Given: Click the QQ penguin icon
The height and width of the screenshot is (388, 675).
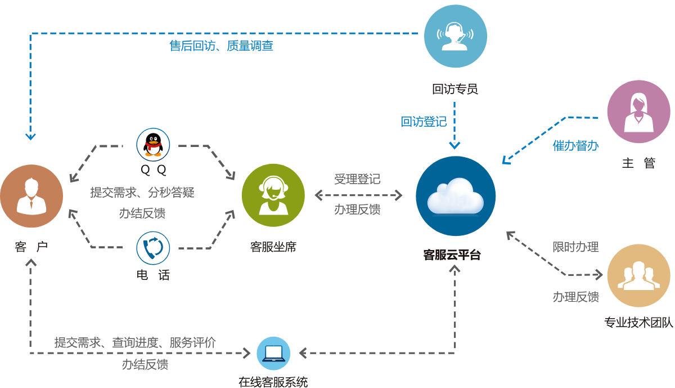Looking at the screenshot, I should [153, 145].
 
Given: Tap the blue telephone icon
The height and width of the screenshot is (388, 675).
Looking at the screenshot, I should [153, 249].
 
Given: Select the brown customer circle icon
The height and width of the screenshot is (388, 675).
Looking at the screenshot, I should [31, 196].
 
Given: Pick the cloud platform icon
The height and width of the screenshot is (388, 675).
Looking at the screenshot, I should [456, 196].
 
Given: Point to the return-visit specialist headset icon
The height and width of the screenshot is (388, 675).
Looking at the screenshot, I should [455, 36].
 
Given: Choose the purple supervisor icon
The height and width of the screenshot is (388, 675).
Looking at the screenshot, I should [638, 111].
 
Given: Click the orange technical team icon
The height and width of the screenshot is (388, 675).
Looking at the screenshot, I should [638, 275].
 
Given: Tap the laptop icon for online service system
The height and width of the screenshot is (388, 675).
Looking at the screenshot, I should [273, 353].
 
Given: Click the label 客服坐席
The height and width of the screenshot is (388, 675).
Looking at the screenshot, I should [273, 247].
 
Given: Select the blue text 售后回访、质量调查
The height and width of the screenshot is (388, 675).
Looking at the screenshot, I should [221, 46].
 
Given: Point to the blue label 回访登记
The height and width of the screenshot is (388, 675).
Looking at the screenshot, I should [423, 122].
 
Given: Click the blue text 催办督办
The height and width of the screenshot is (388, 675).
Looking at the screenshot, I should [575, 146].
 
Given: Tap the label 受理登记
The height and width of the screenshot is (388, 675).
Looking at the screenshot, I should [357, 179].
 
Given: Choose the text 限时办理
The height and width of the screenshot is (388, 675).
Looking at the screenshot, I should [575, 247].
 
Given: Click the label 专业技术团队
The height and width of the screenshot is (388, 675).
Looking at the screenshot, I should [638, 323].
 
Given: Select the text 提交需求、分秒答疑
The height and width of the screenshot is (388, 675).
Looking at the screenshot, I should [142, 192].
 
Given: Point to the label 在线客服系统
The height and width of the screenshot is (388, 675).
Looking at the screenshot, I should [273, 382].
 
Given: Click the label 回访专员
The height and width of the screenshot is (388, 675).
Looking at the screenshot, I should [455, 88].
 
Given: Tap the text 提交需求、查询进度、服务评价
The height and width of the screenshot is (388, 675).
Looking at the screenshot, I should [135, 342].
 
